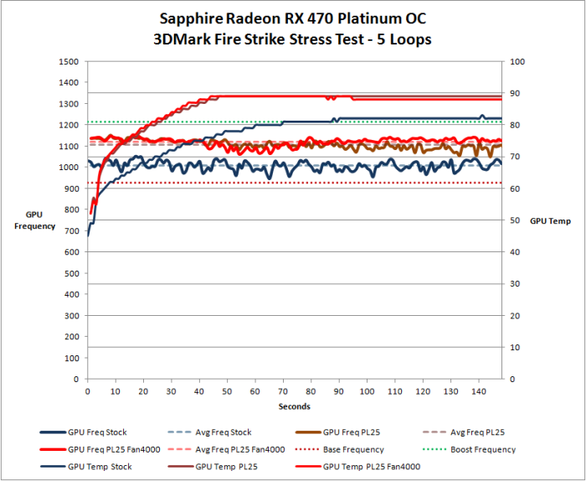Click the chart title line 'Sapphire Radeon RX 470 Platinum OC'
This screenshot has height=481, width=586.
click(x=292, y=18)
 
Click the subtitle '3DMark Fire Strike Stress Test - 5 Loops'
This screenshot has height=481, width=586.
click(x=292, y=39)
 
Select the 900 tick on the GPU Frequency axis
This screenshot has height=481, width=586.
click(x=71, y=189)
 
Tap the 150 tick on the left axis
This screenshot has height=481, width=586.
click(x=71, y=347)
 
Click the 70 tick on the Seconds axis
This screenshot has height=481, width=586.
click(x=283, y=390)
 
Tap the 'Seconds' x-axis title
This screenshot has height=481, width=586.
click(x=295, y=406)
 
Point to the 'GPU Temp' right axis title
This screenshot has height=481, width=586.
click(x=549, y=220)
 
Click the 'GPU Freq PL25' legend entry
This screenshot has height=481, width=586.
click(x=352, y=432)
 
